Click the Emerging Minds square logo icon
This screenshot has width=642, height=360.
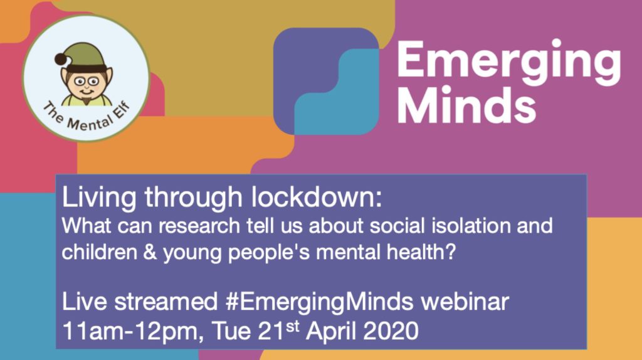pos(326,81)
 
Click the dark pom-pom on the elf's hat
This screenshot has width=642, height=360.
pos(61,59)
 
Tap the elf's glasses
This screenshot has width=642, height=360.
pos(86,82)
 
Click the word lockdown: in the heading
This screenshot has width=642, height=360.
pos(317,197)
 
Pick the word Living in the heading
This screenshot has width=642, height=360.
pos(98,198)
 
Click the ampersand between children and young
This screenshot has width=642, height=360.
pos(150,251)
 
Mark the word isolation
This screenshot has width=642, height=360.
pos(471,226)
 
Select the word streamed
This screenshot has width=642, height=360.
pos(166,302)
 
